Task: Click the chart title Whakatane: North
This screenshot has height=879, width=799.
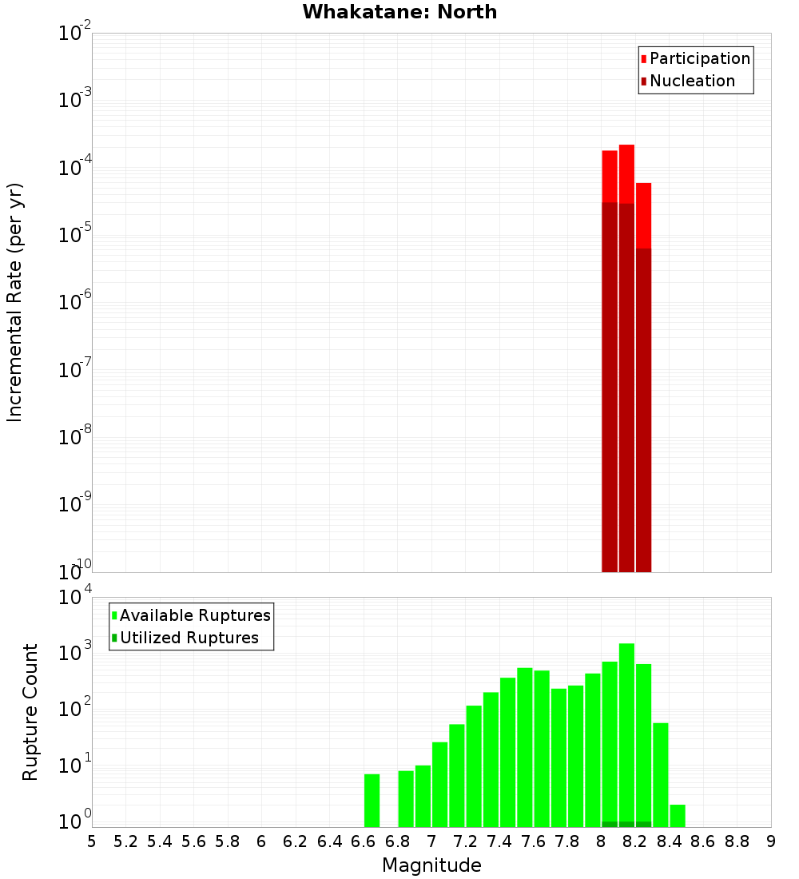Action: (399, 12)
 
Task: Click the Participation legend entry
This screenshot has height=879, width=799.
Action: (695, 58)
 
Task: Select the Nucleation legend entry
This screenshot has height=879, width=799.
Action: (688, 81)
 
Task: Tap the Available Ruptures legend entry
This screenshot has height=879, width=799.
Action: (191, 615)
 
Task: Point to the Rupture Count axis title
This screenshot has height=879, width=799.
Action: (30, 712)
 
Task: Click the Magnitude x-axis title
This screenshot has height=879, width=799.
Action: (431, 865)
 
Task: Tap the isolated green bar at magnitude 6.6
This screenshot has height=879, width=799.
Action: (372, 800)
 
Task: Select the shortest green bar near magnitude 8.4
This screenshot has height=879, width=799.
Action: (678, 815)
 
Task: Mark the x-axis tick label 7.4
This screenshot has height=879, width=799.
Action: (499, 841)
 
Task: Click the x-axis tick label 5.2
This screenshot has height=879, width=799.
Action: (126, 841)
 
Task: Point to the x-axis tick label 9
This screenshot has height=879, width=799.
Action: (771, 841)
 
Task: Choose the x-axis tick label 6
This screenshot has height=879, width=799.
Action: (261, 841)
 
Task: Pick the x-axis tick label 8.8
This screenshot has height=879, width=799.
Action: (737, 841)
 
